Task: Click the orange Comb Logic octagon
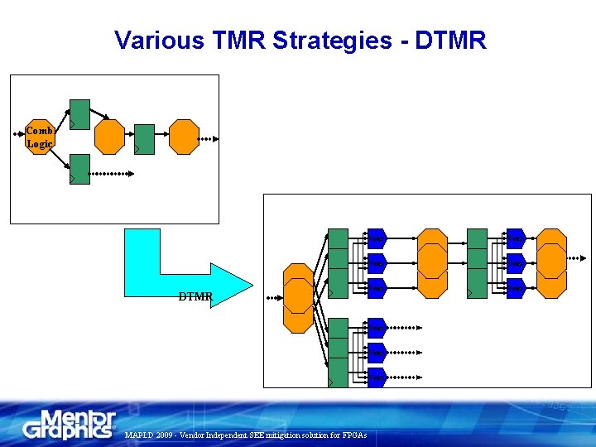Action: tap(40, 137)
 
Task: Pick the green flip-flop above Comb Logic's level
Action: tap(79, 113)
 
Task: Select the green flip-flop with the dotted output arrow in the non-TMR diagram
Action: tap(79, 169)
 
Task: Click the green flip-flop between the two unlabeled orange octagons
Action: tap(144, 138)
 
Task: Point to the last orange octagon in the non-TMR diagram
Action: tap(184, 137)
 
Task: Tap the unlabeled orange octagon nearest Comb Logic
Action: tap(109, 137)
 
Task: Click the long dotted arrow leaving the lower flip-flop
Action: tap(111, 174)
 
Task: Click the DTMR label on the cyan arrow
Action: tap(195, 296)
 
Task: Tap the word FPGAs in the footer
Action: tap(353, 435)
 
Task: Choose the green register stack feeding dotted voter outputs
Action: tap(338, 352)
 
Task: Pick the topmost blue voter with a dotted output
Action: tap(377, 328)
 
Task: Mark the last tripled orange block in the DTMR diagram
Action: tap(550, 263)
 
